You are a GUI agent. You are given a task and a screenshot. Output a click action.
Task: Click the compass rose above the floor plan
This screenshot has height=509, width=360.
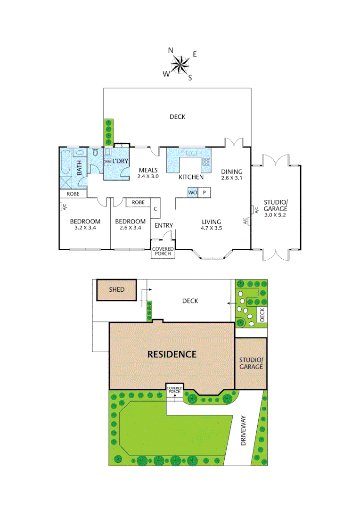[x=180, y=64]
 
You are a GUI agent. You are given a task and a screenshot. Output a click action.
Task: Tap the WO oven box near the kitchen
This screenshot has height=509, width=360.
[x=192, y=192]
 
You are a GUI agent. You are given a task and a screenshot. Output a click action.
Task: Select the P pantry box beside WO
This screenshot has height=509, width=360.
[x=205, y=192]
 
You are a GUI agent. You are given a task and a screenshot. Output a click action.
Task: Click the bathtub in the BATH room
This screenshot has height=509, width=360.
[x=66, y=163]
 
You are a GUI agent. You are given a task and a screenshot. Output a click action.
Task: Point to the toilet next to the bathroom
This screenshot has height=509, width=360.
[x=96, y=152]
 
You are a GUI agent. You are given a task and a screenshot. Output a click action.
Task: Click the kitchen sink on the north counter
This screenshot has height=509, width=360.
[x=191, y=153]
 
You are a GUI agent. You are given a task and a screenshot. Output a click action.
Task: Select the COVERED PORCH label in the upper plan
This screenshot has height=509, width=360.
[x=162, y=251]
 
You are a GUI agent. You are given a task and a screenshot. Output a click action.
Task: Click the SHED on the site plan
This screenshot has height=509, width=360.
[x=116, y=289]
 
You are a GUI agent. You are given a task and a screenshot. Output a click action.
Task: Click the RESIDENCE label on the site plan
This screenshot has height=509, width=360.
[x=172, y=354]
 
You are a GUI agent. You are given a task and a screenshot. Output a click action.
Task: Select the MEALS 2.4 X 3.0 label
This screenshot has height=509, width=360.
[x=147, y=173]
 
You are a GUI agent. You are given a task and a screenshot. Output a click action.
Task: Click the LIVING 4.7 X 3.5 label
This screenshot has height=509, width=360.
[x=211, y=225]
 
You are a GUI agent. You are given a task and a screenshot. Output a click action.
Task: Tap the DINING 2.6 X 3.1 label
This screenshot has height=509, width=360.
[x=231, y=175]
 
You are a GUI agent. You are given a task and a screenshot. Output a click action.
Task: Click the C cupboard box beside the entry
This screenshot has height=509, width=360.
[x=155, y=208]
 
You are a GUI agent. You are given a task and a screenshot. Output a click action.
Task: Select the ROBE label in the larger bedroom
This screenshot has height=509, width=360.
[x=73, y=194]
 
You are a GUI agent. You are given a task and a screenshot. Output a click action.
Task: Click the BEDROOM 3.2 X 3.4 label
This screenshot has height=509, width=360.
[x=85, y=224]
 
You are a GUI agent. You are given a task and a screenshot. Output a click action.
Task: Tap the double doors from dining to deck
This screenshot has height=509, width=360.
[x=234, y=142]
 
